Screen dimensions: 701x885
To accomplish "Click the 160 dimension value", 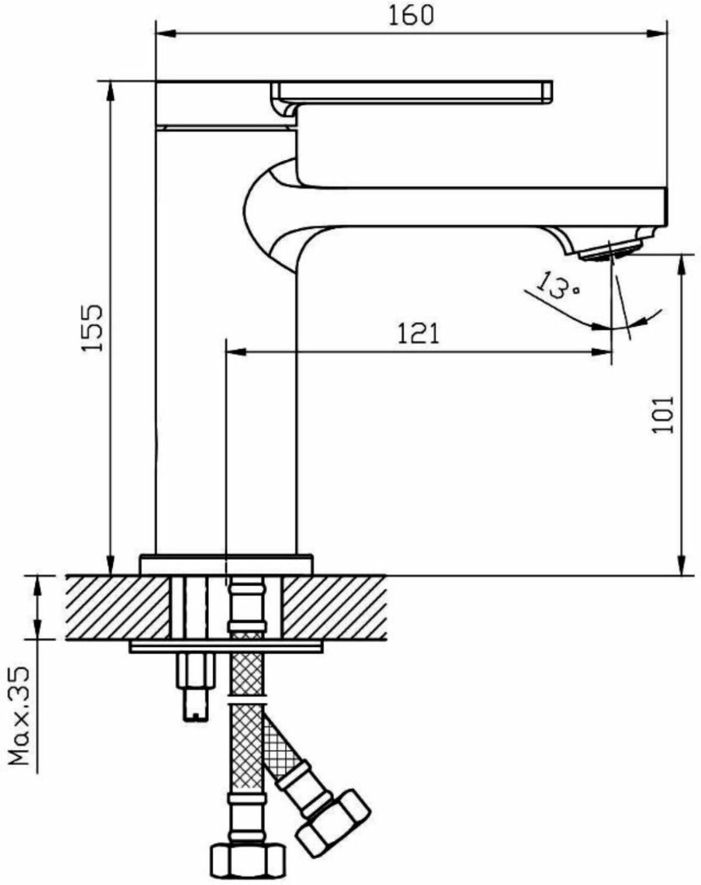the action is click(411, 15).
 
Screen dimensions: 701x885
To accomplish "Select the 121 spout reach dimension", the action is click(418, 334).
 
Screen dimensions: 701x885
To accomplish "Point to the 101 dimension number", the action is click(664, 415).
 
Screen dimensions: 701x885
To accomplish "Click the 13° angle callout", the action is click(557, 285).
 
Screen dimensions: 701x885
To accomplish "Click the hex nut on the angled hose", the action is click(333, 820).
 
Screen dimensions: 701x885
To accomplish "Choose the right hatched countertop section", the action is click(335, 606).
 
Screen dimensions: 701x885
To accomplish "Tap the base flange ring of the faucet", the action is click(226, 564).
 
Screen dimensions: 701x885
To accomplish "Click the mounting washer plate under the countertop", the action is click(226, 646).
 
